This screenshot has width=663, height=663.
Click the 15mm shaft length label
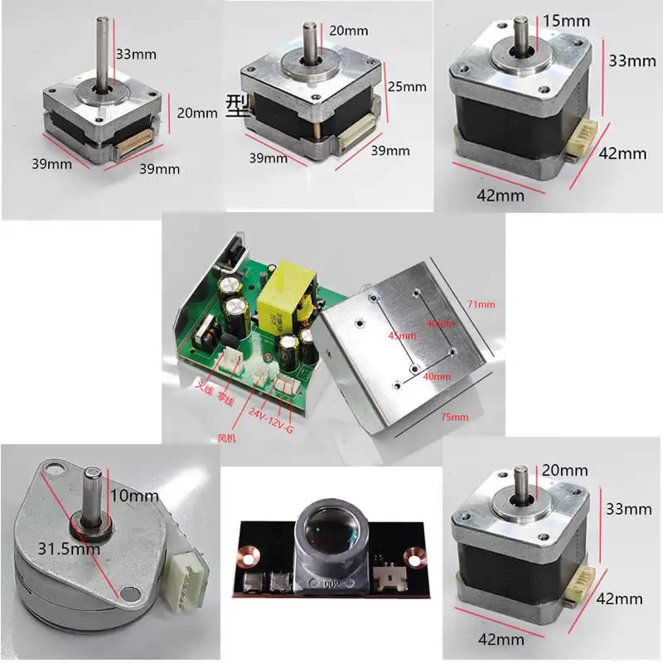pos(566,18)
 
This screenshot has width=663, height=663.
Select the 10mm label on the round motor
pos(133,496)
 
